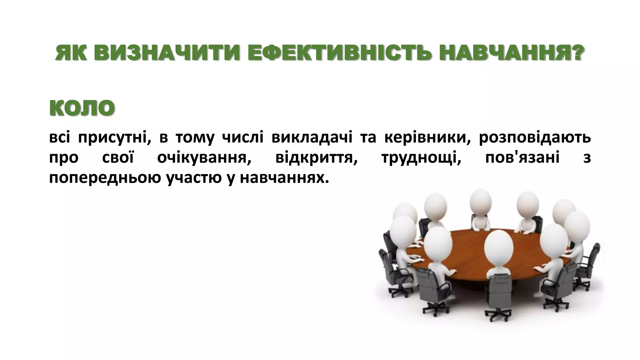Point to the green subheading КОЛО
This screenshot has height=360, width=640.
82,108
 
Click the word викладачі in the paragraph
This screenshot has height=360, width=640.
312,138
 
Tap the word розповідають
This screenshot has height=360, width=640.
535,138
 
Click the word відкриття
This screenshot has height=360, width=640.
316,158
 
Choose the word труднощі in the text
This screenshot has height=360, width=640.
421,158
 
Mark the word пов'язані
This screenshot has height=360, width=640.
522,158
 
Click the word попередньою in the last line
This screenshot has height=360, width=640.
105,178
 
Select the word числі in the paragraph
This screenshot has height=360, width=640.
242,138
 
